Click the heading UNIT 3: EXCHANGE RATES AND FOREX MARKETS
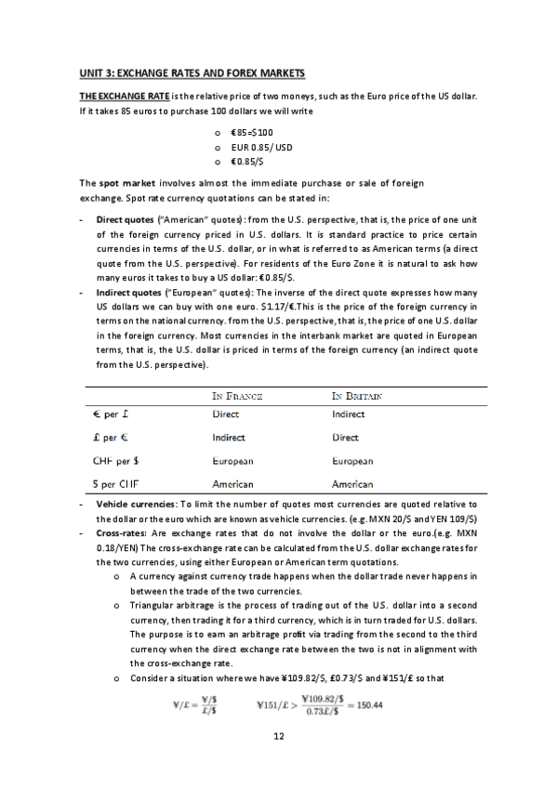tap(192, 72)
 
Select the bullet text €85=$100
tap(252, 132)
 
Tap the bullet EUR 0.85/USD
tap(261, 146)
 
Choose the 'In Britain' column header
tap(358, 396)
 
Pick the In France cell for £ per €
tap(229, 437)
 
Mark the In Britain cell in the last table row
tap(352, 484)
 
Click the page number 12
tap(278, 736)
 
